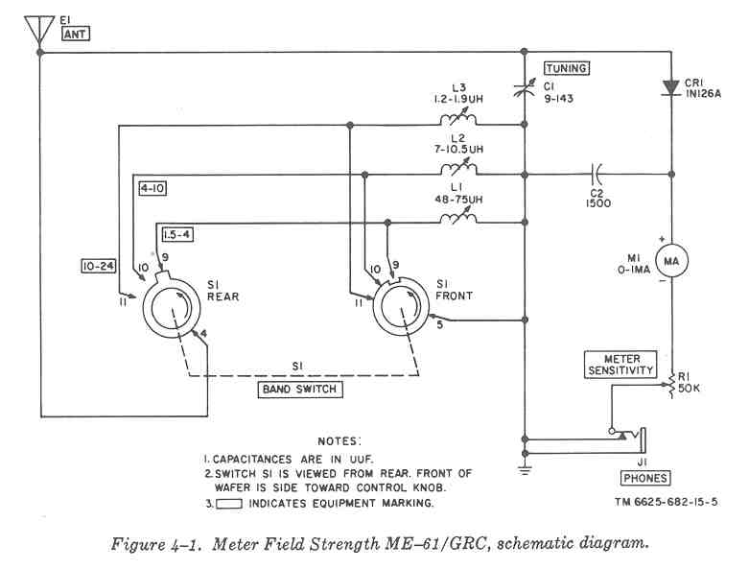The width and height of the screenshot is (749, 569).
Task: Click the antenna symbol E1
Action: pos(39,29)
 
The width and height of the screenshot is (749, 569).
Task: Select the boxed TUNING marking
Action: pos(566,68)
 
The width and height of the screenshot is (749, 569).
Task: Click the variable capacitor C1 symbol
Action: pos(525,86)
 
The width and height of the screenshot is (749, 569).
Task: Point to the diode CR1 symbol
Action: pos(670,89)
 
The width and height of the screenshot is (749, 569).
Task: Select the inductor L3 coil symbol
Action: pos(458,122)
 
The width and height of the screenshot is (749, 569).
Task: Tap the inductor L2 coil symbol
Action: pos(458,173)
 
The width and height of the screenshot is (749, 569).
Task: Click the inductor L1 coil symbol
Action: pos(458,221)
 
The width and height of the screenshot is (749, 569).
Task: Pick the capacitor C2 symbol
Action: pos(597,174)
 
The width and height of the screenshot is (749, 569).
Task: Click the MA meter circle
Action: pos(670,260)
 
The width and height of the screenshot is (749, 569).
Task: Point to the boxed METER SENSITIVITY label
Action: pos(621,364)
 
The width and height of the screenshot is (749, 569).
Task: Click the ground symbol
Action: pos(525,469)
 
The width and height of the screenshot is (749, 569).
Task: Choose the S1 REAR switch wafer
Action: pos(173,309)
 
